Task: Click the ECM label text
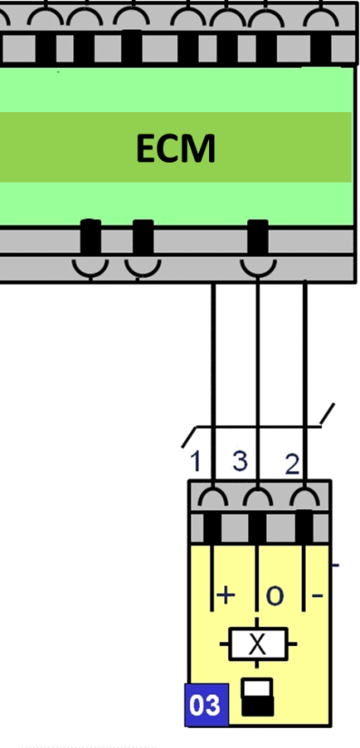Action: pyautogui.click(x=176, y=148)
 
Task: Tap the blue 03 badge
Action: pyautogui.click(x=206, y=705)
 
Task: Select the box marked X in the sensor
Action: pyautogui.click(x=258, y=644)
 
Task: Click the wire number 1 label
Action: pyautogui.click(x=195, y=461)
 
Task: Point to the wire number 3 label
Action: pyautogui.click(x=241, y=460)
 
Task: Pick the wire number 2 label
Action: pyautogui.click(x=292, y=464)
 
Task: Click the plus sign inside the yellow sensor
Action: pyautogui.click(x=226, y=595)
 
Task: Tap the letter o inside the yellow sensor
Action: pyautogui.click(x=274, y=596)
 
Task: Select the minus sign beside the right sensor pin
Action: pyautogui.click(x=317, y=595)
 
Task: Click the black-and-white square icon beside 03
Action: pyautogui.click(x=258, y=697)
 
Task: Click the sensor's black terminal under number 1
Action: pyautogui.click(x=213, y=527)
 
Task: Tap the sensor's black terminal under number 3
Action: pyautogui.click(x=257, y=527)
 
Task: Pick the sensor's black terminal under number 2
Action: pyautogui.click(x=304, y=526)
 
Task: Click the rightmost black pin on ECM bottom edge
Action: pyautogui.click(x=258, y=237)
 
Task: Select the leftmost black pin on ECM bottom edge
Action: pyautogui.click(x=90, y=237)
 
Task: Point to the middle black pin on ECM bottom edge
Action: pyautogui.click(x=143, y=237)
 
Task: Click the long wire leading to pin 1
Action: pyautogui.click(x=213, y=389)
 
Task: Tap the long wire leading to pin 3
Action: pyautogui.click(x=258, y=384)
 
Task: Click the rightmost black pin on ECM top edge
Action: pyautogui.click(x=320, y=49)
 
